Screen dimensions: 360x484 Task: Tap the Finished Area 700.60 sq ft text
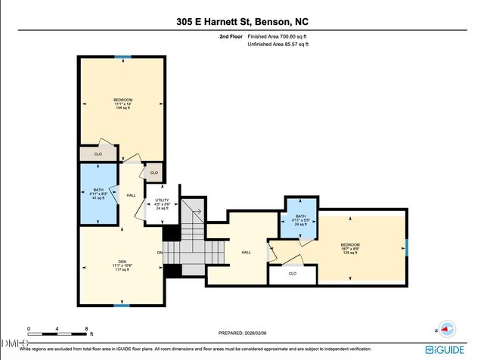(278, 36)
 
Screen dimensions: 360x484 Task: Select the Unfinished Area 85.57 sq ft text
(278, 45)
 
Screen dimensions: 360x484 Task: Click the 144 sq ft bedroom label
(123, 104)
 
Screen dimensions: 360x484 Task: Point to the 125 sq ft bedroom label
(349, 248)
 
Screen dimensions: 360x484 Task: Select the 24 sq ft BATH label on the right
(299, 221)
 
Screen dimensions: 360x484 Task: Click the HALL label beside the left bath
(131, 195)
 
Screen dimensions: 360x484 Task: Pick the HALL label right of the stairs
(246, 252)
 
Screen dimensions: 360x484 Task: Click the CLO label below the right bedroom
(293, 273)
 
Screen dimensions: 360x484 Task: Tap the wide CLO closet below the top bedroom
(98, 154)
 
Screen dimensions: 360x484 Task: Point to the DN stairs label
(160, 252)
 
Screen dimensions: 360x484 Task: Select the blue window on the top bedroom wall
(123, 57)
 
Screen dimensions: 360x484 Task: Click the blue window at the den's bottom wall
(121, 305)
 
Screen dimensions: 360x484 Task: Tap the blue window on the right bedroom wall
(407, 247)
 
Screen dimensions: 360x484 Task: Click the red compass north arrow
(447, 329)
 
